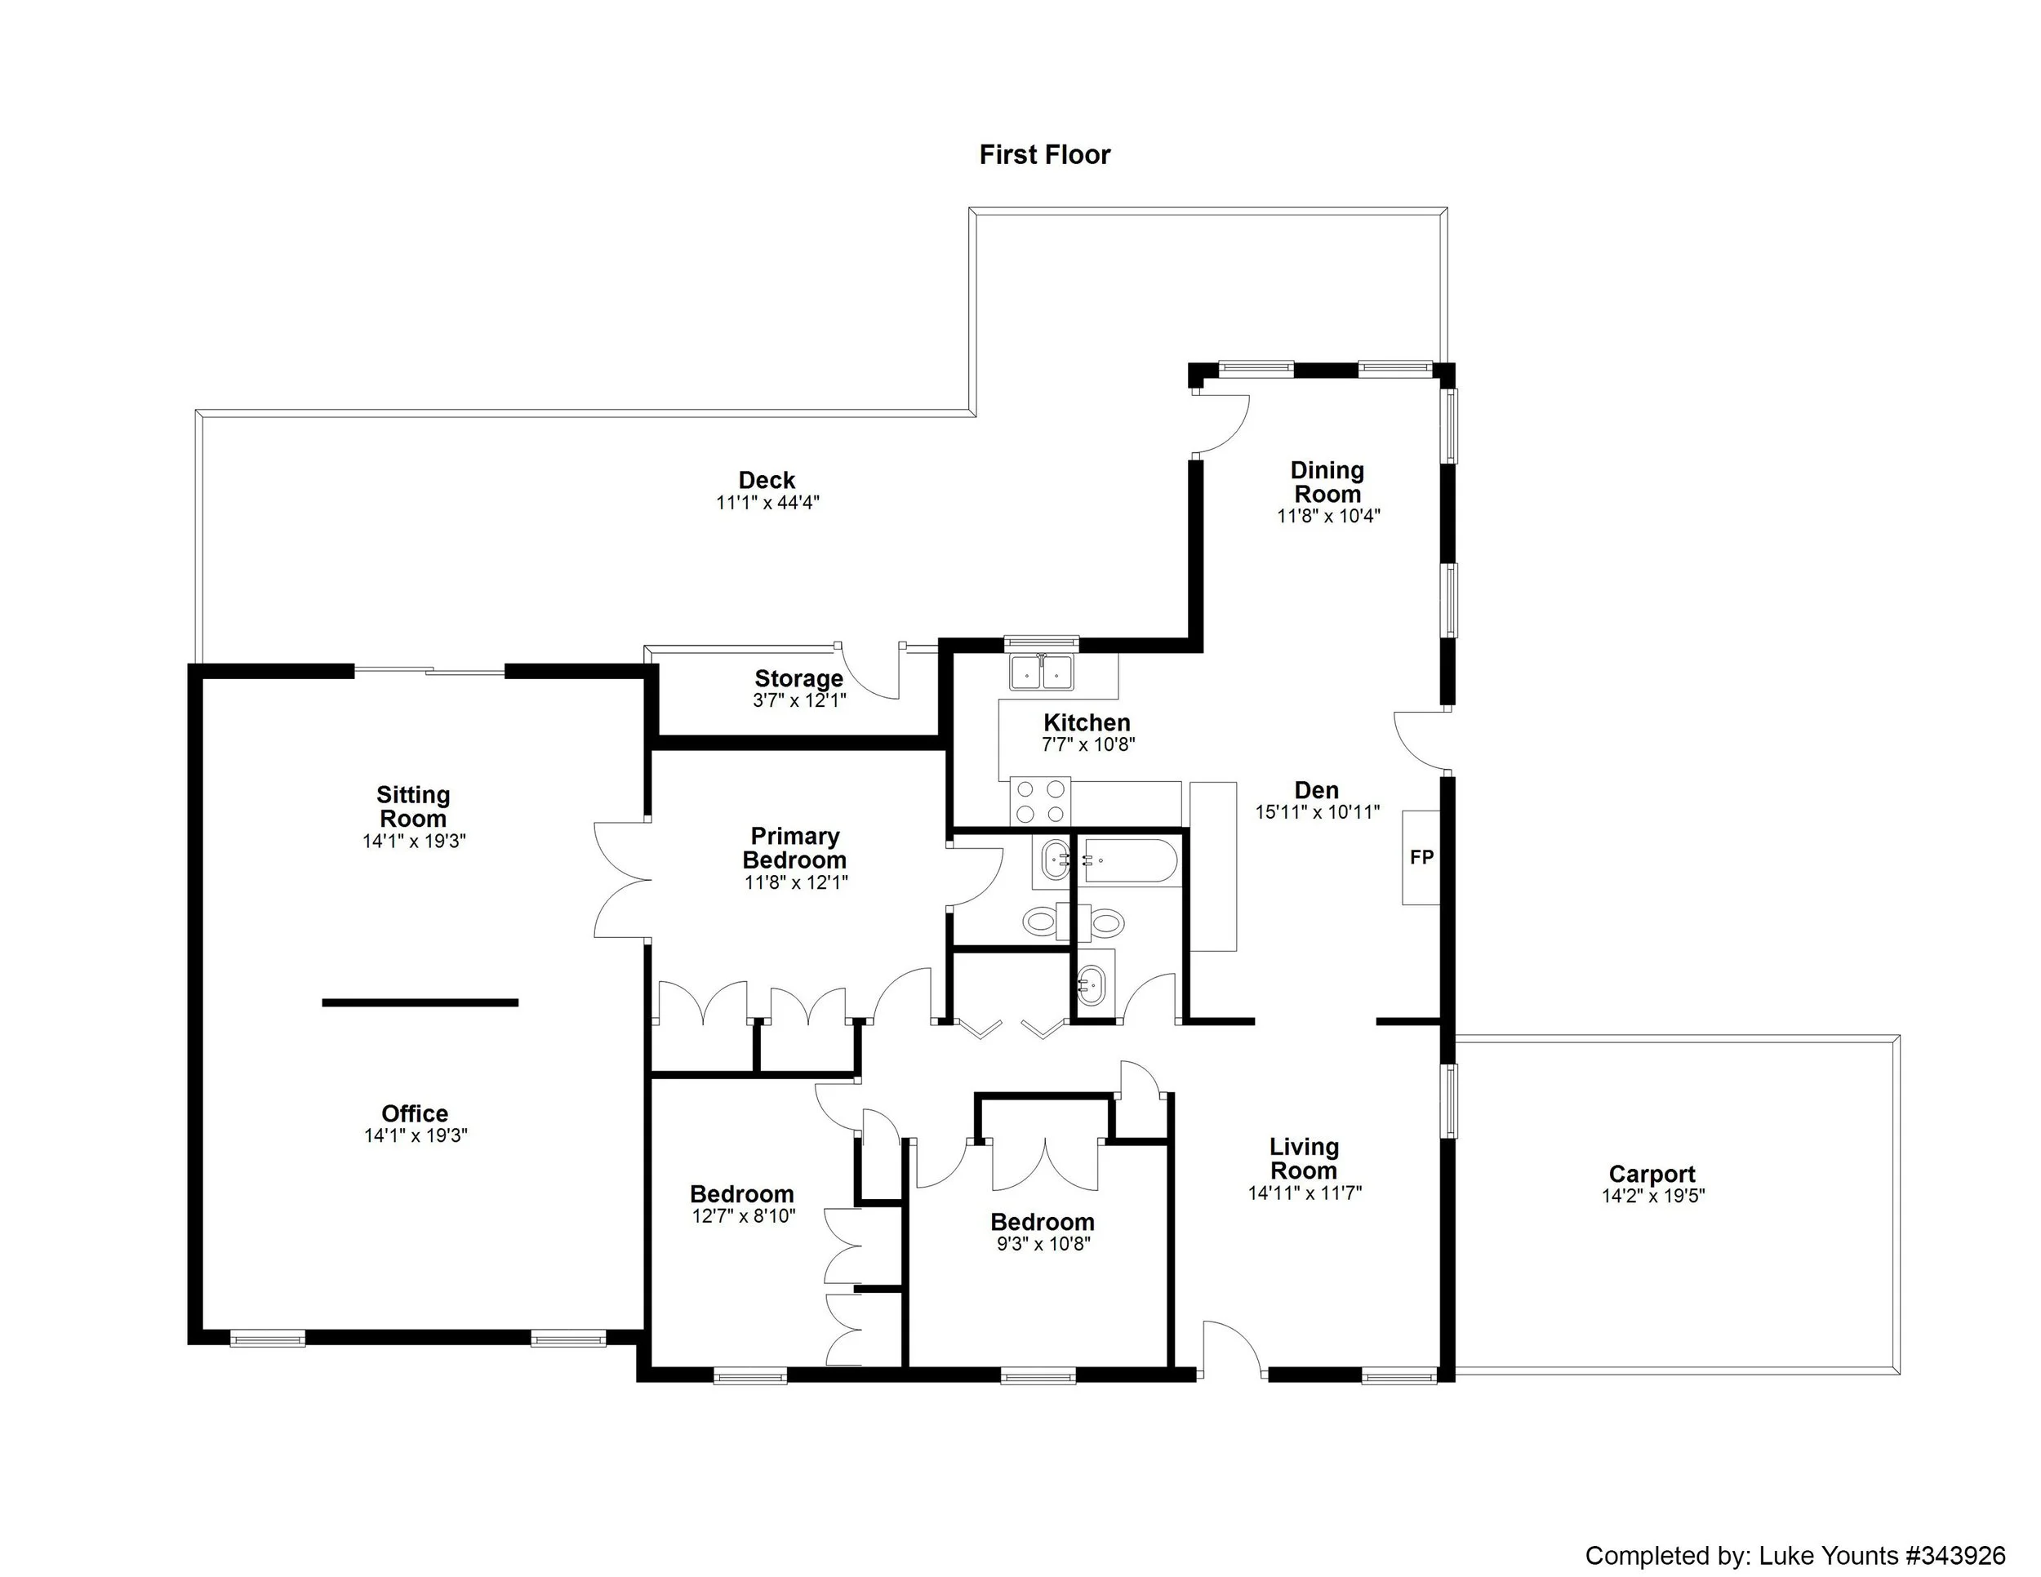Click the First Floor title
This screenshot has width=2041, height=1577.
[1045, 155]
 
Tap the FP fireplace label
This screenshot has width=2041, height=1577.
[1421, 857]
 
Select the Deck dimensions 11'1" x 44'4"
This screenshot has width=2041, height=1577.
[767, 503]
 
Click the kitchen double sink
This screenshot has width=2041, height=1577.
[1041, 673]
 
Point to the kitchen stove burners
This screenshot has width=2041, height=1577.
[1041, 801]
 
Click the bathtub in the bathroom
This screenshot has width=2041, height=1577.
[1129, 861]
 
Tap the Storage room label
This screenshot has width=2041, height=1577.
[799, 678]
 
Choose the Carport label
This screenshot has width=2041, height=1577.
[1652, 1174]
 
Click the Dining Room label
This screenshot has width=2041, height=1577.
[1327, 482]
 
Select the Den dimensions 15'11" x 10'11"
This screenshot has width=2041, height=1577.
[1317, 813]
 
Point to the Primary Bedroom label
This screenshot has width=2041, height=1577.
[794, 847]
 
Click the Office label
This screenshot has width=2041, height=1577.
[415, 1113]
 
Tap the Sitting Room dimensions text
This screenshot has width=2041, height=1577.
[414, 841]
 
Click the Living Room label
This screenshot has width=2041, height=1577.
[1304, 1158]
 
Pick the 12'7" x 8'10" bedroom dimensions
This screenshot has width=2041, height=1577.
[743, 1215]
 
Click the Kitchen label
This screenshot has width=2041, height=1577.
[1087, 722]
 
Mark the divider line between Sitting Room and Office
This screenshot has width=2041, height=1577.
[420, 1002]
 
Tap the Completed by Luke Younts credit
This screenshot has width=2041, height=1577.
[1794, 1530]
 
